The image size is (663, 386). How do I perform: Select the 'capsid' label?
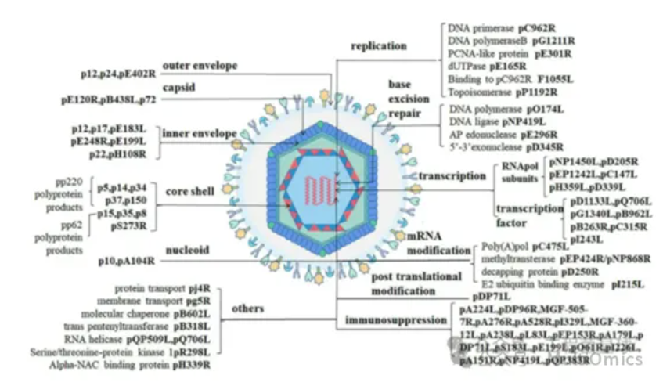pyautogui.click(x=178, y=86)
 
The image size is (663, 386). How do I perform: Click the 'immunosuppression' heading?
pyautogui.click(x=395, y=321)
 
